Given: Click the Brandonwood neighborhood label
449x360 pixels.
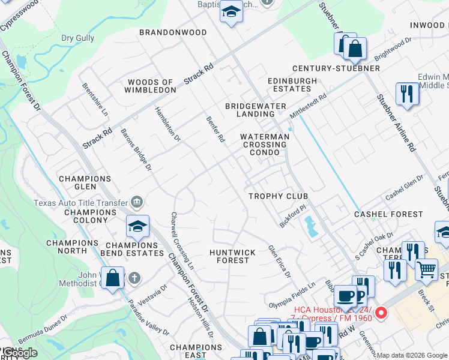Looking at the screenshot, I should tap(173, 32).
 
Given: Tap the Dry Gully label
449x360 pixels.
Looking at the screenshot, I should tap(78, 38).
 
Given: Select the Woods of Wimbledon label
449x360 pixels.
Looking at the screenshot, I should tap(150, 86).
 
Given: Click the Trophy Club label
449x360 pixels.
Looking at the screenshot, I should tap(278, 196).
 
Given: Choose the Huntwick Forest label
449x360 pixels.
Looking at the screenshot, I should tap(232, 256).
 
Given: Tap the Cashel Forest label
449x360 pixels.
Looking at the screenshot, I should tap(388, 214).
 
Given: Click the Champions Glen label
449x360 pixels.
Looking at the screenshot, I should tap(85, 182).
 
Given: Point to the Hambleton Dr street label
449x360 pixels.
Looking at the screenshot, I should tap(167, 124).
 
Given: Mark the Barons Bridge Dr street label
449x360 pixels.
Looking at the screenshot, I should tap(136, 149).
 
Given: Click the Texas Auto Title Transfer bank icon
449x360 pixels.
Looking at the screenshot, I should tap(137, 202).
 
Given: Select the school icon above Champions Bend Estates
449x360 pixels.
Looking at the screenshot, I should tap(137, 227).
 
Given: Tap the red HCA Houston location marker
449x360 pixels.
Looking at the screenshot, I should tap(381, 313).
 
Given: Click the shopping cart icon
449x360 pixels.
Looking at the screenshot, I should tap(426, 269).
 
